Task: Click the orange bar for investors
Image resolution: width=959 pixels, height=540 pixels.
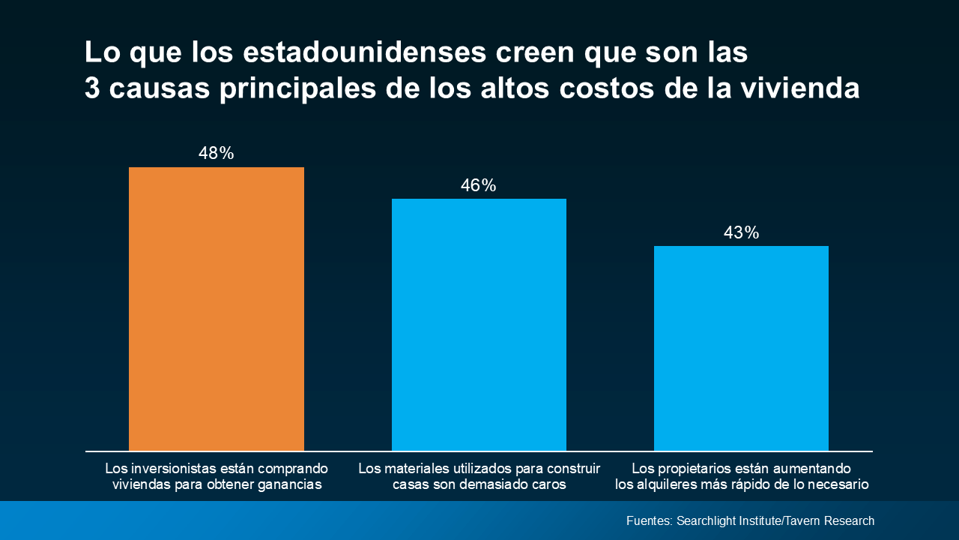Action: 217,308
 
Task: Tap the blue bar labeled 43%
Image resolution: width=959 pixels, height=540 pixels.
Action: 741,348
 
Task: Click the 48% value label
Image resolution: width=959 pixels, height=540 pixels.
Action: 217,154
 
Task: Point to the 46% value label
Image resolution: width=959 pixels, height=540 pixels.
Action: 479,185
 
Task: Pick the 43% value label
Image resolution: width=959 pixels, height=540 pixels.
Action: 741,233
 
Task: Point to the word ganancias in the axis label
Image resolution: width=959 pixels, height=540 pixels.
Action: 288,484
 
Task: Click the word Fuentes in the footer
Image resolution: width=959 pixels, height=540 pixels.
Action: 649,520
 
